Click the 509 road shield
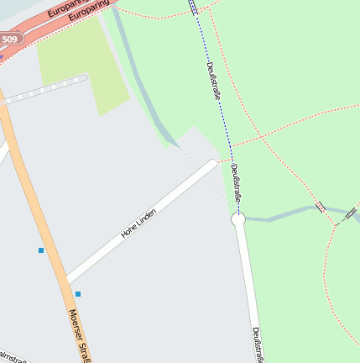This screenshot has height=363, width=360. coord(9,39)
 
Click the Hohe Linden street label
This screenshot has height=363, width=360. coord(138,223)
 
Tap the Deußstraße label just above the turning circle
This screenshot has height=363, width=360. coord(235,184)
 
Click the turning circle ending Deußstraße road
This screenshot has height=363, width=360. coord(238,218)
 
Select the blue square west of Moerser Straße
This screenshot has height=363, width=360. coord(40,250)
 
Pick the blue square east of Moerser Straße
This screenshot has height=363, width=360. coord(78,293)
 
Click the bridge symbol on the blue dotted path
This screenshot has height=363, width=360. coord(194,7)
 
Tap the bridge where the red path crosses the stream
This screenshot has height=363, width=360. coord(321,207)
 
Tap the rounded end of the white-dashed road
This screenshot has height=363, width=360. coord(83,79)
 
